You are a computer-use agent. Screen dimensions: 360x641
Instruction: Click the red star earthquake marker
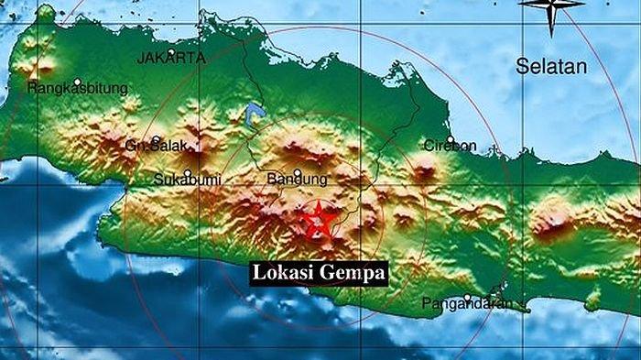tap(318, 220)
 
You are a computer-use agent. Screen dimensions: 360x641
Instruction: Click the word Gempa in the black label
tap(353, 273)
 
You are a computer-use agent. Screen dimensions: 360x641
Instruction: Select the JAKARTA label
tap(171, 57)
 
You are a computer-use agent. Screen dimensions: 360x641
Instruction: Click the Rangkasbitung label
tap(79, 89)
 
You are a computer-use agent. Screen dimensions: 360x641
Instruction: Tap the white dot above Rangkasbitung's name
tap(78, 82)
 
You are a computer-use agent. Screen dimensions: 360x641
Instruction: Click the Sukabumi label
tap(184, 178)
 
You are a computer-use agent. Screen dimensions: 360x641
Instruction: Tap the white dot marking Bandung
tap(297, 171)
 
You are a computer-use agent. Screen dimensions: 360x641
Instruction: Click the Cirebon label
tap(449, 146)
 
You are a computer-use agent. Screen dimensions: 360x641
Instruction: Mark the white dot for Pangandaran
tap(467, 297)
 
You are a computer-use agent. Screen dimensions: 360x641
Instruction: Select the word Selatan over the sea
tap(550, 66)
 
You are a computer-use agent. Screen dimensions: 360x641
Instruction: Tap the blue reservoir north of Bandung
tap(255, 114)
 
